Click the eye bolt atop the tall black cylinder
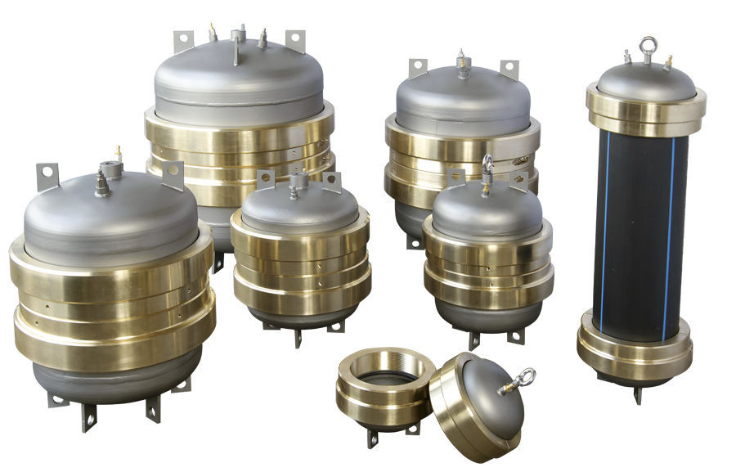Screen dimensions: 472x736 pyautogui.click(x=647, y=47)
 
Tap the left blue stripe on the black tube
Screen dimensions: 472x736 pyautogui.click(x=605, y=229)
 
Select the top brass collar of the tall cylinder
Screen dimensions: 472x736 pyautogui.click(x=645, y=110)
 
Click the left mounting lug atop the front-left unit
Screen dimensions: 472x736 pyautogui.click(x=47, y=176)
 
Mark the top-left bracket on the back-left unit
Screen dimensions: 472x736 pyautogui.click(x=183, y=41)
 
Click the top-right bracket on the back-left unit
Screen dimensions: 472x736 pyautogui.click(x=295, y=40)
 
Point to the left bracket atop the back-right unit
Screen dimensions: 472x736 pyautogui.click(x=418, y=67)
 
